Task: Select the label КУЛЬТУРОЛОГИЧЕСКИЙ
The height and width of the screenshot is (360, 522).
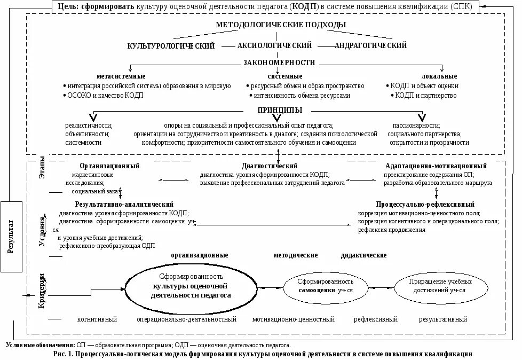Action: click(171, 46)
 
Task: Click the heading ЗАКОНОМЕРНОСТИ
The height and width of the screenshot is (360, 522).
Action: click(279, 62)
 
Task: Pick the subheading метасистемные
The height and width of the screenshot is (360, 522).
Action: click(121, 76)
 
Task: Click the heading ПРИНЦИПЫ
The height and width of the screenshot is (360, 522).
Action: click(280, 110)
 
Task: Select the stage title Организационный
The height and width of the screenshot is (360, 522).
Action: click(109, 166)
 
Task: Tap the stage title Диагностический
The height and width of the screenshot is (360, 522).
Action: click(270, 166)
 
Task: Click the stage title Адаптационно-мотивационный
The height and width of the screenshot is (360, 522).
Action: click(436, 166)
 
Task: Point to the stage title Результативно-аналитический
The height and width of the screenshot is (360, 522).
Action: click(124, 205)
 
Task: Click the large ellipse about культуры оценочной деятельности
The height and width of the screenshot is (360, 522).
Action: click(191, 287)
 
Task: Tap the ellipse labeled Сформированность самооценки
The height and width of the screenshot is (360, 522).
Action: click(326, 287)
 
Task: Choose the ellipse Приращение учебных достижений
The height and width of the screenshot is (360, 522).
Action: click(440, 287)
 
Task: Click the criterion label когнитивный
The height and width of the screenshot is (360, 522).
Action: click(97, 319)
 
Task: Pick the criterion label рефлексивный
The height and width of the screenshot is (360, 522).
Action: click(376, 319)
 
